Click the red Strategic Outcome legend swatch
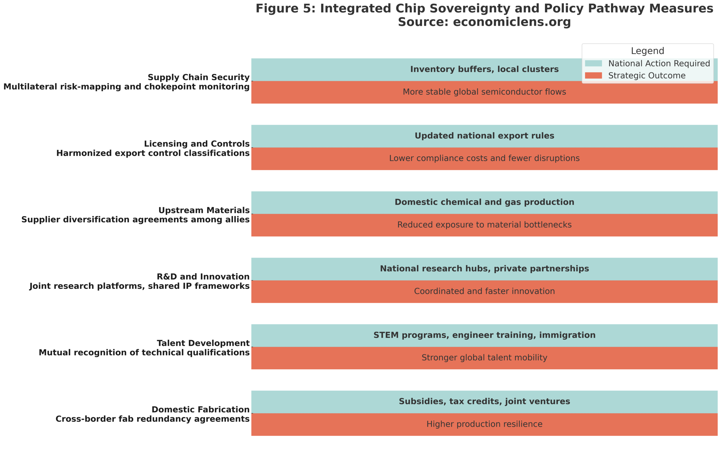coord(593,75)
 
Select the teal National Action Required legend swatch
coord(593,63)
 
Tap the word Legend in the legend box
coord(647,51)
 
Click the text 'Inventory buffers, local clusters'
coord(484,69)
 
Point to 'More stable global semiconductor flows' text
coord(484,92)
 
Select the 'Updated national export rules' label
coord(484,136)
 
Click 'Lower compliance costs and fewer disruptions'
coord(484,158)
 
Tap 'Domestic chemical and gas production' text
coord(484,202)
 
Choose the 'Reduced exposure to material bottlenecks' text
coord(484,225)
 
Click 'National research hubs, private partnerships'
coord(484,269)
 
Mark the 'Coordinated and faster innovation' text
coord(484,291)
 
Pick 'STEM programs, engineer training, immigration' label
coord(484,335)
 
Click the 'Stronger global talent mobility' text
coord(484,358)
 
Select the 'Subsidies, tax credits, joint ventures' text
coord(484,401)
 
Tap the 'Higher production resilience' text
coord(484,424)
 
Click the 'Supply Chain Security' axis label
coord(199,77)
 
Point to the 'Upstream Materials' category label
coord(204,210)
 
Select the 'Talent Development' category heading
coord(203,343)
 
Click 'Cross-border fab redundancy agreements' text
coord(152,419)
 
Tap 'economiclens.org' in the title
coord(512,22)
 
